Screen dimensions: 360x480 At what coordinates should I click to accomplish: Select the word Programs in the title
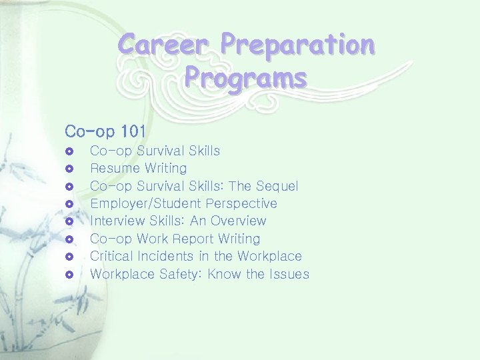[246, 77]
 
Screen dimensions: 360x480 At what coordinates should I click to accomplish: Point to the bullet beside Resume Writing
[69, 169]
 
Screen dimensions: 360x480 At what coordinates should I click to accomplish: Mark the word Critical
[111, 256]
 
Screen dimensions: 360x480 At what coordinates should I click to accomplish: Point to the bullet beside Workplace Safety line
[69, 275]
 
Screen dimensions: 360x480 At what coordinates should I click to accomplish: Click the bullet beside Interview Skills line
[69, 221]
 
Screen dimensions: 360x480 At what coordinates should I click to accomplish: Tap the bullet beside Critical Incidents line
[69, 257]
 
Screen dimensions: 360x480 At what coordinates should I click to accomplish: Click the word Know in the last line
[225, 274]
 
